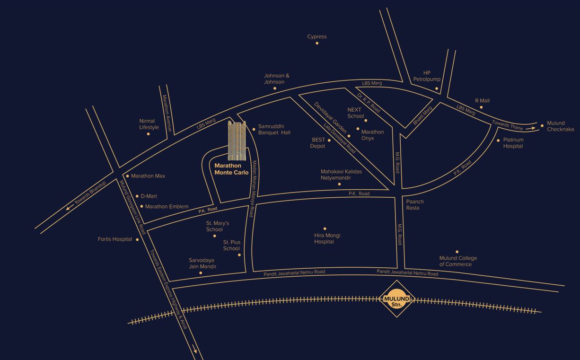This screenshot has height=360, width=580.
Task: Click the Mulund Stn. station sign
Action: [x=396, y=299]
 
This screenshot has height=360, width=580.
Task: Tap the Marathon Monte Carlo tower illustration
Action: [x=237, y=140]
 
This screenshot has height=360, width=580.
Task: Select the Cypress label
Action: [x=317, y=36]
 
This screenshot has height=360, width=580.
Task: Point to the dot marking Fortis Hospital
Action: [x=138, y=239]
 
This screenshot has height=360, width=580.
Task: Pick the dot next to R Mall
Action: [x=481, y=107]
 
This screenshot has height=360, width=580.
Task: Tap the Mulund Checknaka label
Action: [x=560, y=126]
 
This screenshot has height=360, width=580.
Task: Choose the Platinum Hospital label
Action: [x=513, y=143]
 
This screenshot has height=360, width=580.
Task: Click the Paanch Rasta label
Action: [x=415, y=205]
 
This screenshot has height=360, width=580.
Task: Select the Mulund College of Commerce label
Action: [x=458, y=261]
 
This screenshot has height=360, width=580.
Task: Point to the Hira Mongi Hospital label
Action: [x=327, y=238]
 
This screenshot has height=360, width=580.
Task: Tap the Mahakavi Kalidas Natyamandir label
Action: [x=341, y=175]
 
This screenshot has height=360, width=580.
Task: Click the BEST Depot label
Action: [x=318, y=143]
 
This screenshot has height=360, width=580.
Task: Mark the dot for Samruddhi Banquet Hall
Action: [x=254, y=129]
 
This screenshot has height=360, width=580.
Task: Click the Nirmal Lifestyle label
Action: [x=149, y=124]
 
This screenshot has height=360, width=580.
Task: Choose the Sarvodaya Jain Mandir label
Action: [x=202, y=263]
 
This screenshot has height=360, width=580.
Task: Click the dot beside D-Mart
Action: [x=138, y=196]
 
